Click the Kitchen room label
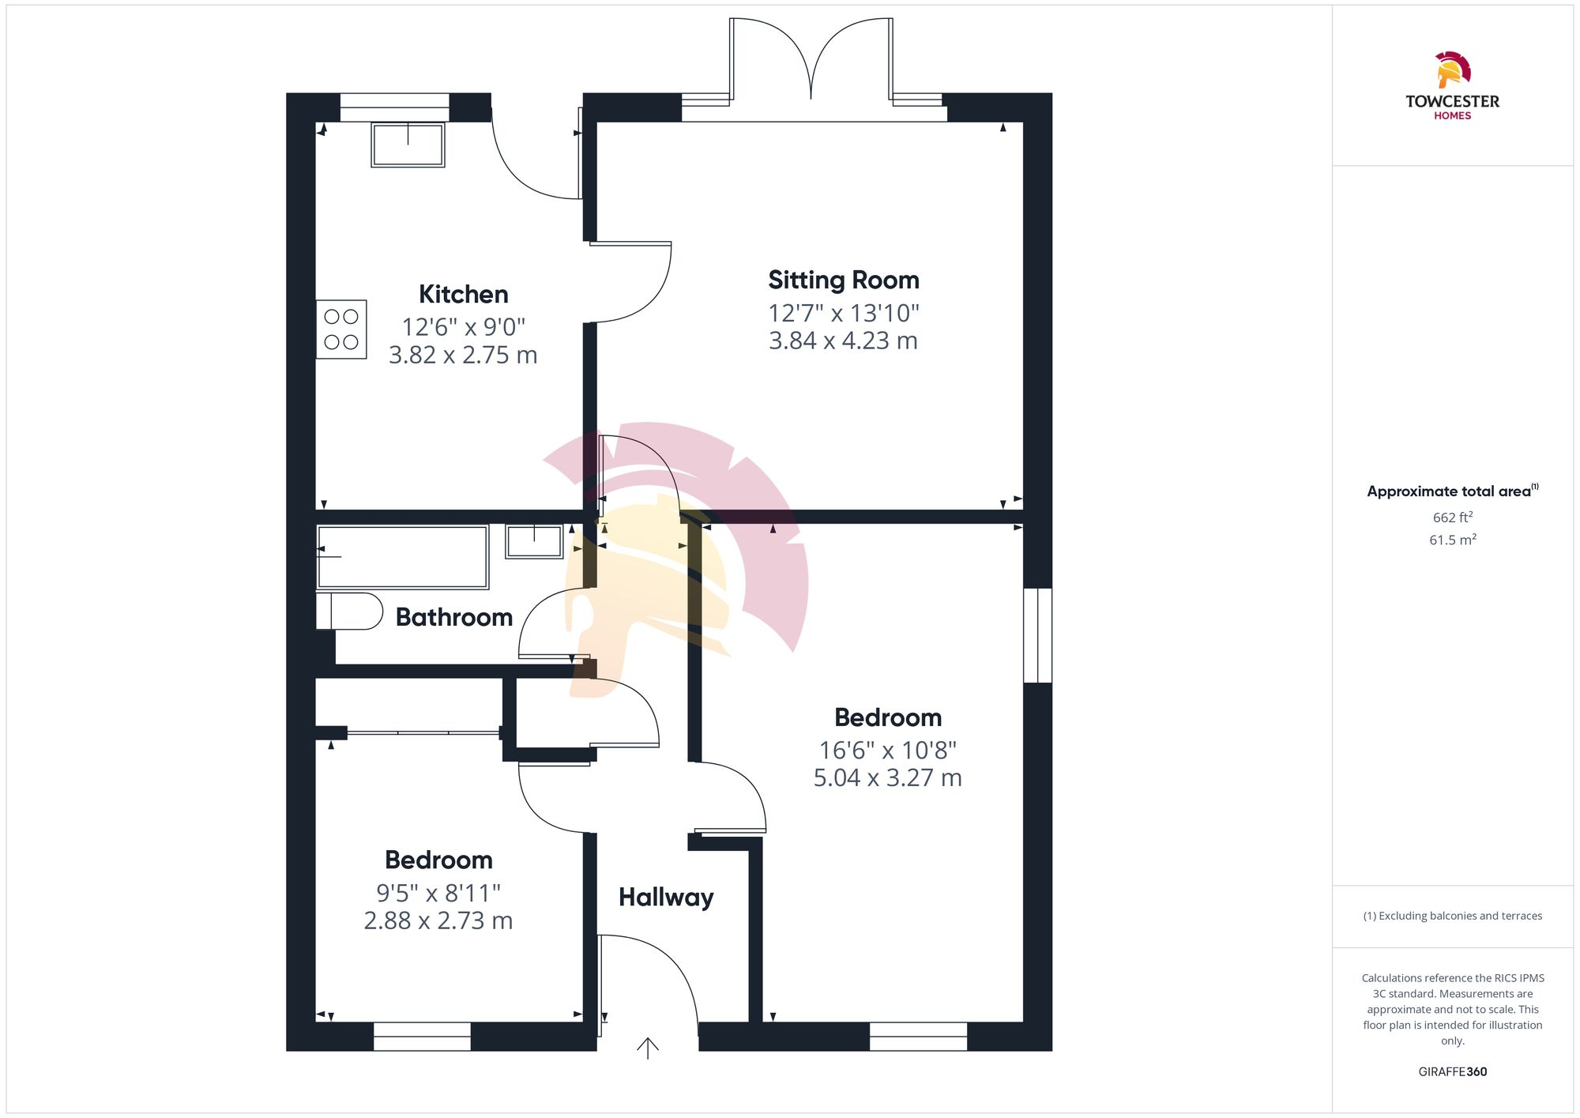pos(463,295)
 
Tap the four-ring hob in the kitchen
pos(341,329)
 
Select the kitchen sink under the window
pos(408,145)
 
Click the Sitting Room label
pos(843,280)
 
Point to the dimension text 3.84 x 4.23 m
pos(843,341)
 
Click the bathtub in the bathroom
pos(403,557)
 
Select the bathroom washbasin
pos(534,541)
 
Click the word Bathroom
pos(453,617)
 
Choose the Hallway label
pos(666,898)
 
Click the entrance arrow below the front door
pos(648,1048)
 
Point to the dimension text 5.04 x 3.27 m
pos(887,778)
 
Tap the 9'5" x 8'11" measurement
pos(438,894)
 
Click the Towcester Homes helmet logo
pos(1452,70)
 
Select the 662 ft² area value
pos(1452,518)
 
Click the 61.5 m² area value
pos(1452,540)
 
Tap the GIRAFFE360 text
pos(1452,1072)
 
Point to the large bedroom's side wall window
pos(1037,635)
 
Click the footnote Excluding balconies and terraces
pos(1452,917)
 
